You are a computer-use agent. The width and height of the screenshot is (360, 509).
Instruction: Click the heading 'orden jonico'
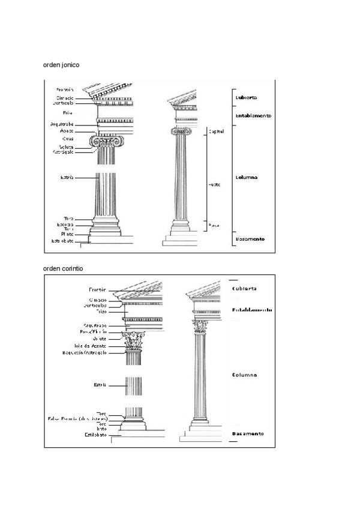(x=61, y=64)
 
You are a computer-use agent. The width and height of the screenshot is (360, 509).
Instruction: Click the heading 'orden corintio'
(x=63, y=268)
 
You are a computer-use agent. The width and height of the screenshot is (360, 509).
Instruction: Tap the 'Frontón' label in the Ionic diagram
(x=65, y=89)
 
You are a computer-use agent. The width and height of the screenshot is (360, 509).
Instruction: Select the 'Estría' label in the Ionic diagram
(x=67, y=177)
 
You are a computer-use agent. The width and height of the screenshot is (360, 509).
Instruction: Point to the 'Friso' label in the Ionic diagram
(x=67, y=112)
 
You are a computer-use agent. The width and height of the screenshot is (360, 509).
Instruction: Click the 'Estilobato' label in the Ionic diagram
(x=62, y=241)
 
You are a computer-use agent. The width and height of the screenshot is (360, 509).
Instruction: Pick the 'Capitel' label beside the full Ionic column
(x=214, y=130)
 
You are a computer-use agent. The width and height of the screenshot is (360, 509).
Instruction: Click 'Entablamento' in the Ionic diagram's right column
(x=253, y=116)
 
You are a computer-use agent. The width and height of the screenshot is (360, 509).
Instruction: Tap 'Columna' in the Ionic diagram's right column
(x=246, y=178)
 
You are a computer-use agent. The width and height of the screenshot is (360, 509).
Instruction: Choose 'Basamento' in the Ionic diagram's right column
(x=250, y=239)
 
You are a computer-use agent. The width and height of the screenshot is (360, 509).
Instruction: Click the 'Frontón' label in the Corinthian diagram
(x=97, y=289)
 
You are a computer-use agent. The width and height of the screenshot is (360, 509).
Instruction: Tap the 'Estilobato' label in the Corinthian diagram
(x=95, y=435)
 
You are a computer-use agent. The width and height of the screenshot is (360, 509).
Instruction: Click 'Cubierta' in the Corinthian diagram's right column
(x=244, y=288)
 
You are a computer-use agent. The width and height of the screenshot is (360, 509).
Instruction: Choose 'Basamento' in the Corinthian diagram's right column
(x=248, y=433)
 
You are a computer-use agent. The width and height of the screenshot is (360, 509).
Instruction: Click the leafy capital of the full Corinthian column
(x=199, y=327)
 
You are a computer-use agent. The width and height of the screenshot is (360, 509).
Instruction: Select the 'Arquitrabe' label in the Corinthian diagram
(x=95, y=325)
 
